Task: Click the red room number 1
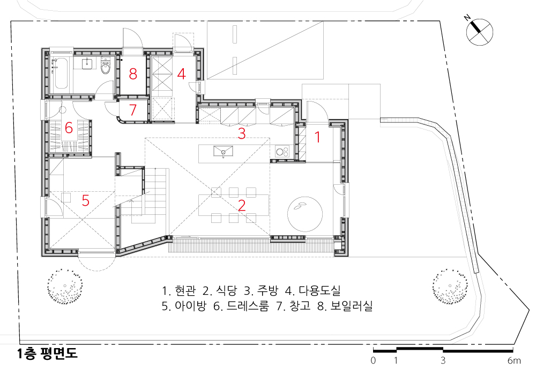tap(317, 137)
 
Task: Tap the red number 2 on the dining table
tap(242, 205)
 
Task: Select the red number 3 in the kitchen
tap(242, 134)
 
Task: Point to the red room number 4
tap(182, 74)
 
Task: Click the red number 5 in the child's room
tap(85, 200)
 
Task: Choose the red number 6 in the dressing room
tap(69, 128)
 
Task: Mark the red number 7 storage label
tap(133, 110)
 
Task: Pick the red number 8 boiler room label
tap(133, 74)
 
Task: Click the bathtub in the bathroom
tap(61, 73)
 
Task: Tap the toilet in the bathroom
tap(106, 67)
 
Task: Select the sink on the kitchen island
tap(223, 151)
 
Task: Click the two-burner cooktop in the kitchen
tap(282, 151)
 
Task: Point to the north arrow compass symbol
tap(480, 32)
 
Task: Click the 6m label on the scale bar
tap(514, 360)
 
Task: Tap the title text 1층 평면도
tap(48, 353)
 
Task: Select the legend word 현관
tap(185, 291)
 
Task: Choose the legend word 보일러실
tap(352, 306)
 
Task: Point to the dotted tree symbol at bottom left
tap(65, 286)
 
